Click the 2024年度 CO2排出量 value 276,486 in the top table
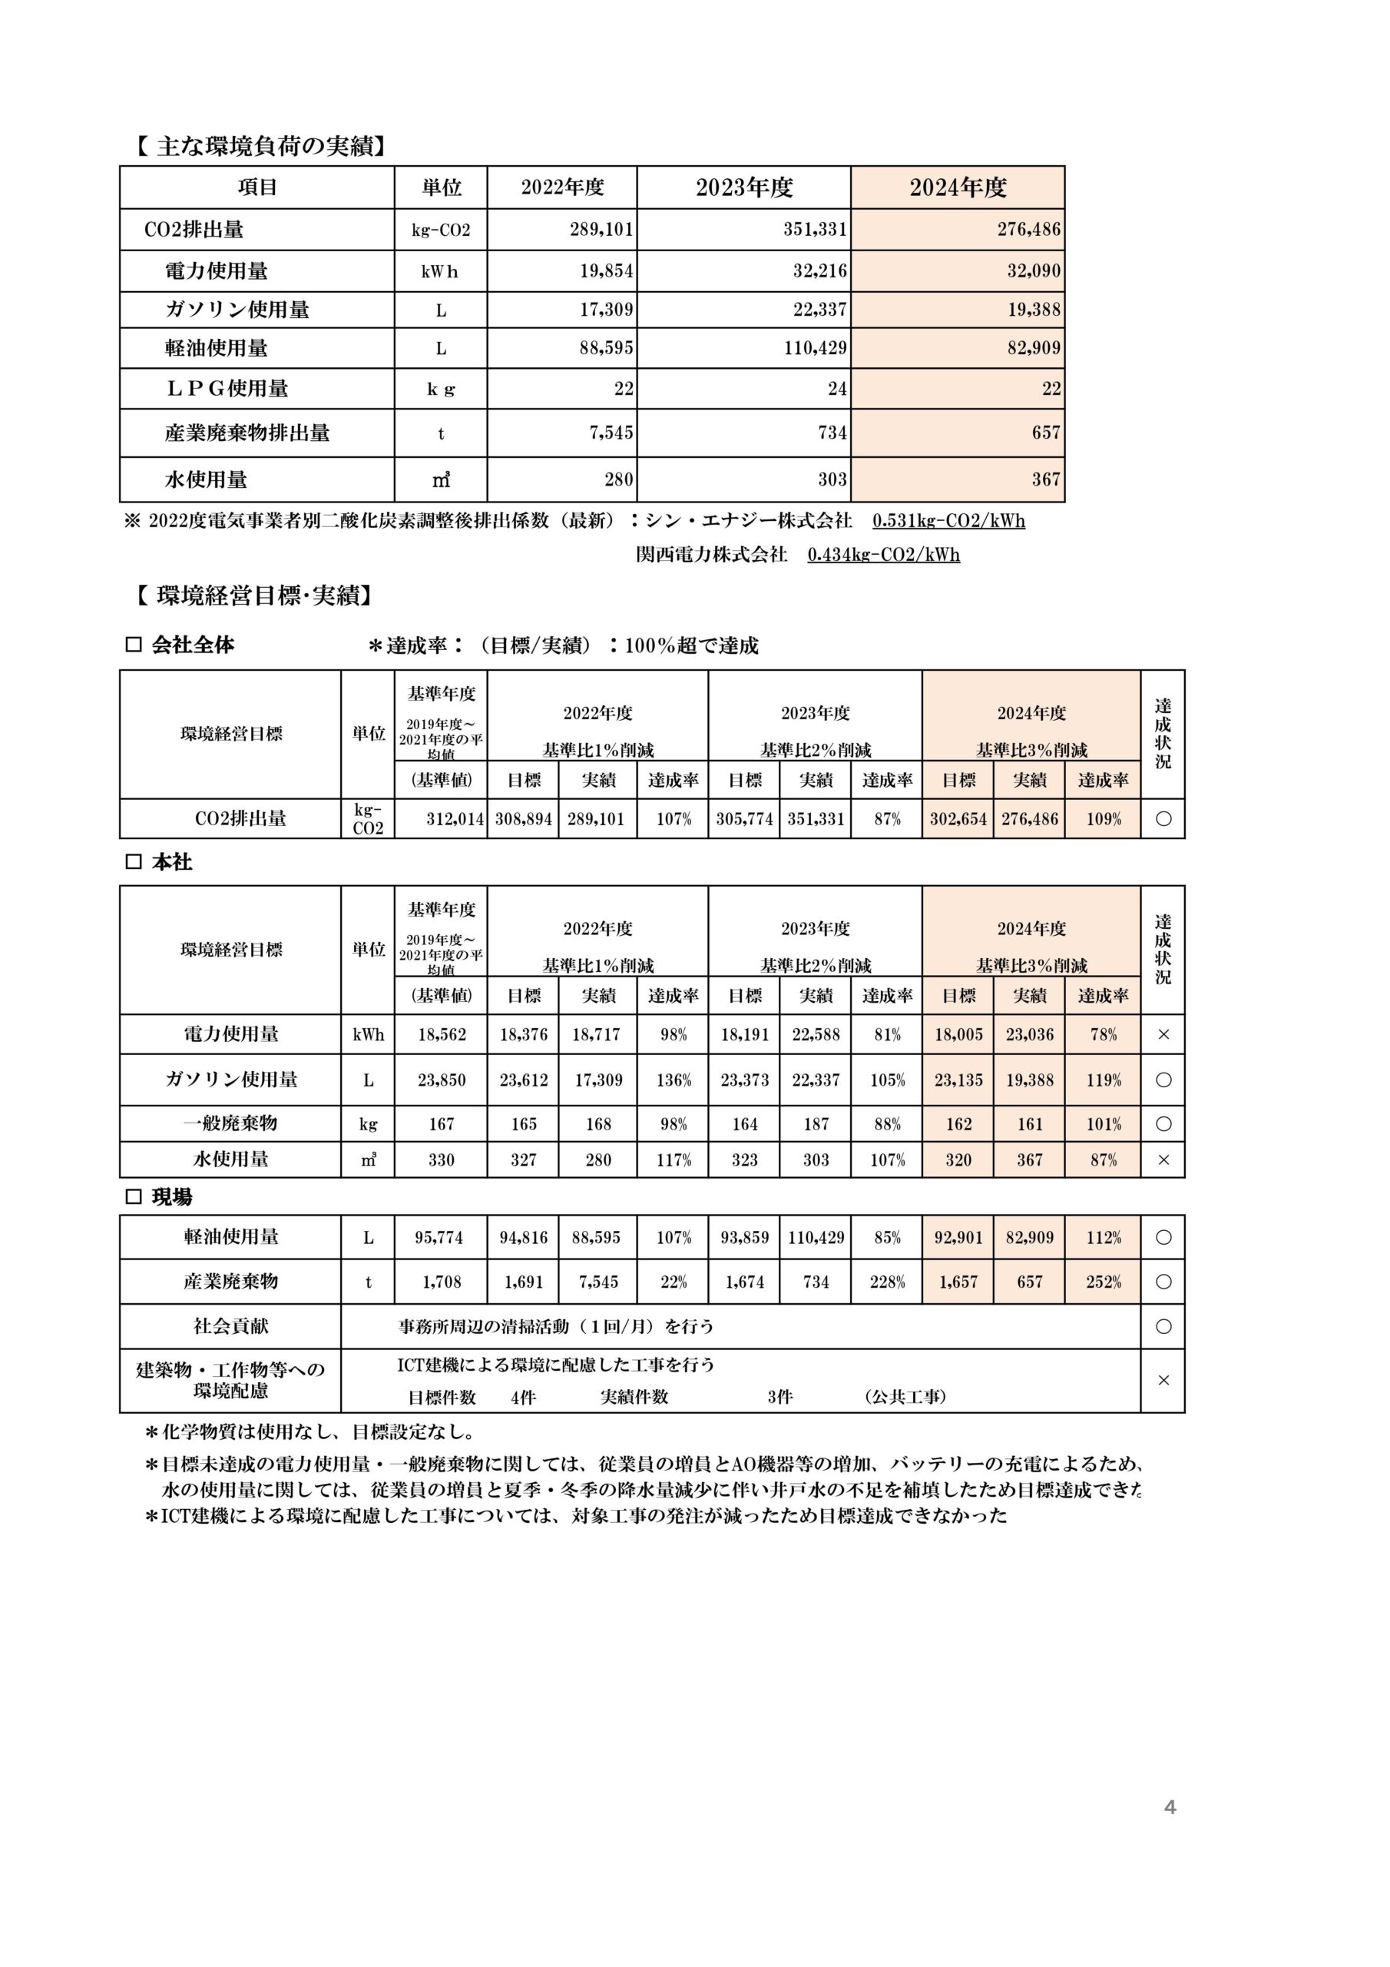[x=1028, y=230]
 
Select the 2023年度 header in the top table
[x=743, y=187]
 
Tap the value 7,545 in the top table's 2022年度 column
[x=611, y=433]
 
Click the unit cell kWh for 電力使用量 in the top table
[x=440, y=271]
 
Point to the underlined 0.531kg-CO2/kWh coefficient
[x=948, y=521]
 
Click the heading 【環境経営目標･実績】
[x=253, y=595]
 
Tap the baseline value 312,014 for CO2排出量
[x=455, y=819]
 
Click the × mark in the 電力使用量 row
[x=1162, y=1035]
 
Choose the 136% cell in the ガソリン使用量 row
[x=673, y=1080]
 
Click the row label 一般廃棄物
[x=230, y=1123]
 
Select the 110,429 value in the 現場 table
[x=816, y=1237]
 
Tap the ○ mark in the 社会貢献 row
[x=1162, y=1326]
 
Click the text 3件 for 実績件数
[x=779, y=1398]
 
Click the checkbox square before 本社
[x=134, y=862]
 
